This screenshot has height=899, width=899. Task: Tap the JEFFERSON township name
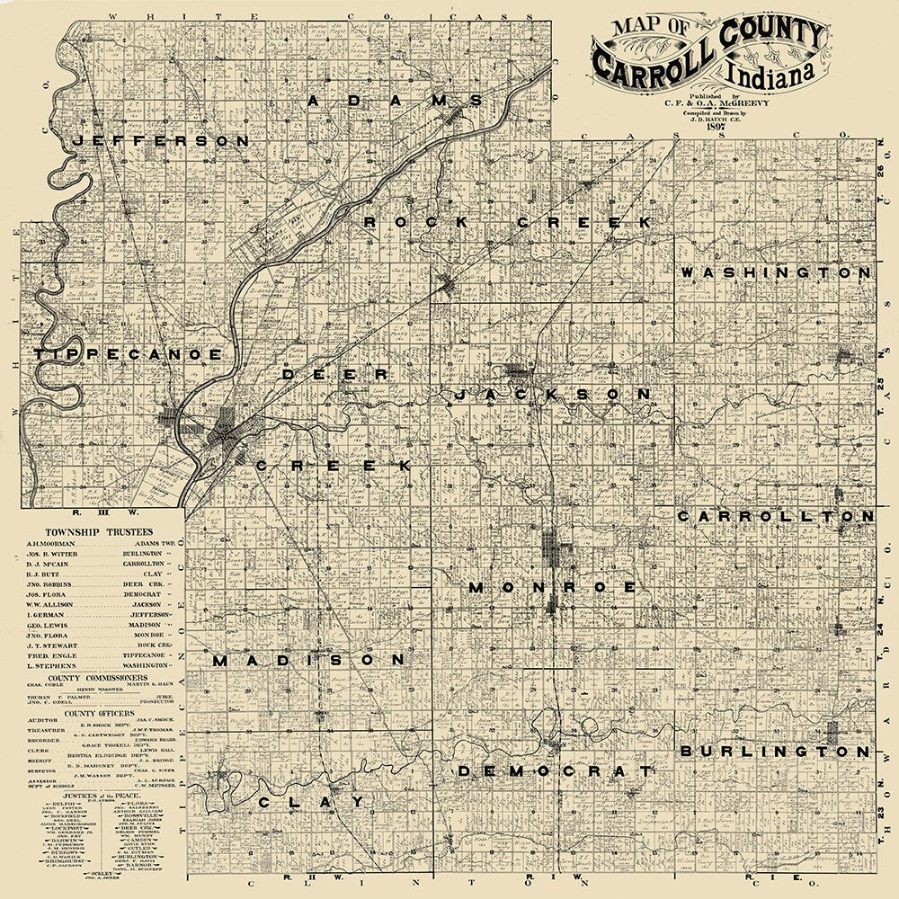162,141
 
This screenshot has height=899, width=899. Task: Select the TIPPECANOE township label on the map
128,355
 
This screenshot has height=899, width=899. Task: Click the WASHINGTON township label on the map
776,271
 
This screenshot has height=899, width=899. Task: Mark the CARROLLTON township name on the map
775,517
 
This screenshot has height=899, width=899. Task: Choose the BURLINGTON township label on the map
775,751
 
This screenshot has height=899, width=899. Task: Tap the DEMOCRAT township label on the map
554,771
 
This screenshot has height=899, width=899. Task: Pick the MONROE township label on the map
552,587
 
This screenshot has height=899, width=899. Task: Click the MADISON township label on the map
309,660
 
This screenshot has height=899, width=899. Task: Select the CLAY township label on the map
311,801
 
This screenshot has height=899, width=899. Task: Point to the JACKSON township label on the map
552,395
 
